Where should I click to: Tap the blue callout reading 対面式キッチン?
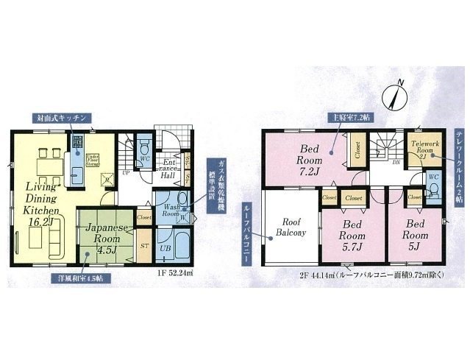coord(62,118)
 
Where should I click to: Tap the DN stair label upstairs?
coord(396,162)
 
